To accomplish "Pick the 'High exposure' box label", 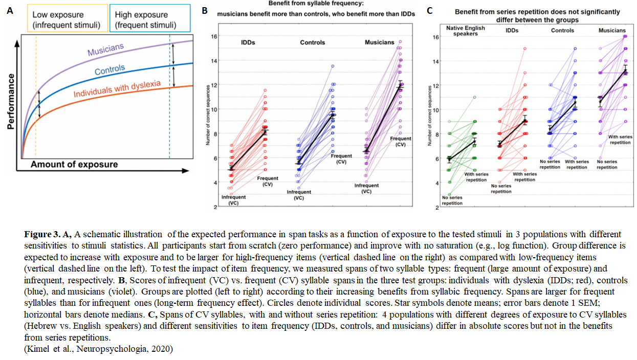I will click(145, 20).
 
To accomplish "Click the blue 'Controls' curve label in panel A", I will click(109, 70).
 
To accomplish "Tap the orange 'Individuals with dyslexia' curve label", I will click(117, 89).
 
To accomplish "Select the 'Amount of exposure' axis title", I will click(74, 164).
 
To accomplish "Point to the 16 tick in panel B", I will click(214, 36).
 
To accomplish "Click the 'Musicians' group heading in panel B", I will click(379, 42).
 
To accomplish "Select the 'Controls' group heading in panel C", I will click(562, 31).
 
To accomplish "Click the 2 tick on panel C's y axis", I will click(436, 208).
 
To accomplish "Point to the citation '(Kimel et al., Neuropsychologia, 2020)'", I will click(98, 349).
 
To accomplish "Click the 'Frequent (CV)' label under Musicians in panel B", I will click(401, 141).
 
